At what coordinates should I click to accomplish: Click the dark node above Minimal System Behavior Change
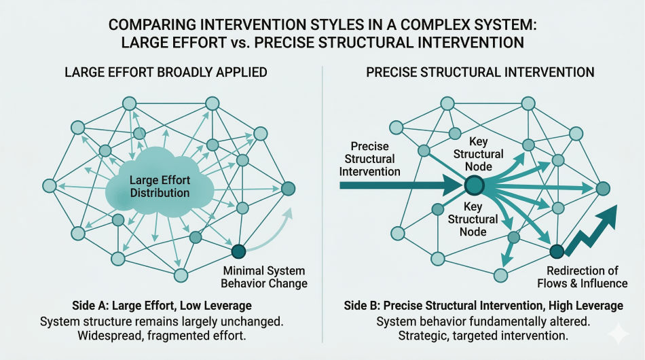tap(238, 252)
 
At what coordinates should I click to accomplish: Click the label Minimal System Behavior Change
tap(265, 277)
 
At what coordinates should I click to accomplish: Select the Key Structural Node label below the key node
tap(473, 218)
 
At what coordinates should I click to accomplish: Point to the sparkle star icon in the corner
tap(619, 334)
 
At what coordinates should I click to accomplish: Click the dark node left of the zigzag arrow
tap(556, 252)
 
